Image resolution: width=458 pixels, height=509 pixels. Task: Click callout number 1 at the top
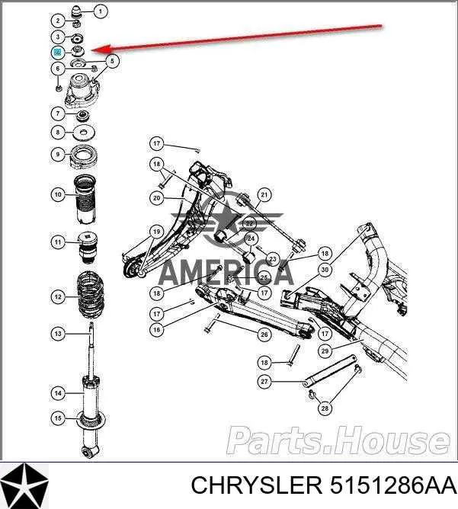pos(101,11)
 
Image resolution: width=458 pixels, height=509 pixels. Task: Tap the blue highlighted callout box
pos(57,52)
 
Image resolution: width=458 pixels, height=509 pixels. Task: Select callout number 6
pos(57,69)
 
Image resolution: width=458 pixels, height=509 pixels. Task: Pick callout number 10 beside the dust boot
pos(57,195)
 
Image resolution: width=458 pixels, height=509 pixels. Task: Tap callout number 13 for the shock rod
pos(57,333)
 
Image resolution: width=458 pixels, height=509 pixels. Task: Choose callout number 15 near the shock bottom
pos(57,417)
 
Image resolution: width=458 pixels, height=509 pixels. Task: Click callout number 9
pos(57,155)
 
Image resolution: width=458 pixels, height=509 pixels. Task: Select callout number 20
pos(155,198)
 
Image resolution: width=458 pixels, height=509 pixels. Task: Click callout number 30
pos(325,269)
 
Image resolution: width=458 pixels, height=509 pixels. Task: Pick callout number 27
pos(264,382)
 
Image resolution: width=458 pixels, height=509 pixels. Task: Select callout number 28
pos(325,409)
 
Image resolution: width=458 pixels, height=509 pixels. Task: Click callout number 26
pos(264,334)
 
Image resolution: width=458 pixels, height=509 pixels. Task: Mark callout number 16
pos(155,329)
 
